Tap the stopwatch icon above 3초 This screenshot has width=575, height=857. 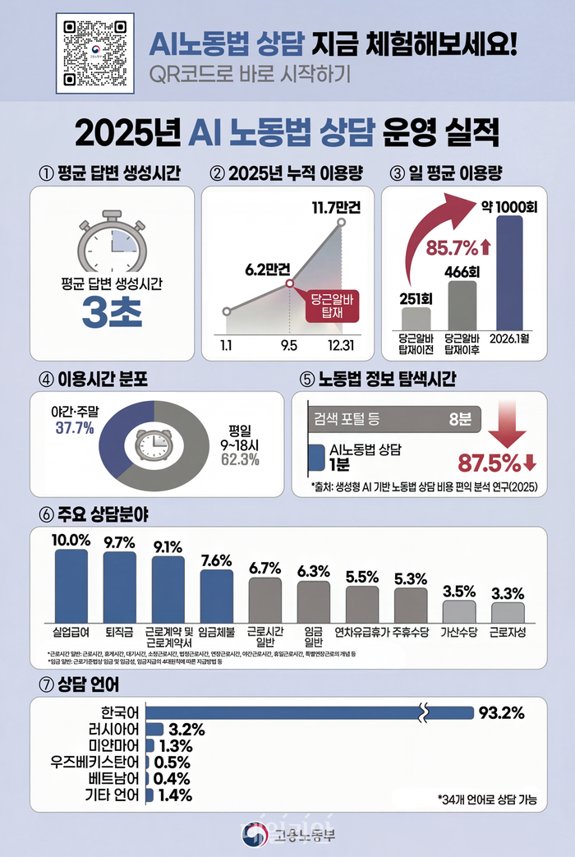coord(111,238)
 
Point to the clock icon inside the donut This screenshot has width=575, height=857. coord(153,445)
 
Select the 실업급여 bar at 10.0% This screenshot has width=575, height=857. coord(71,583)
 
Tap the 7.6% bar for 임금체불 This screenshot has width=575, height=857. coord(216,594)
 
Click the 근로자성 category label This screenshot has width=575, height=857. coord(507,634)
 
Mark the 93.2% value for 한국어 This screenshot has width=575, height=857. coord(501,712)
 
